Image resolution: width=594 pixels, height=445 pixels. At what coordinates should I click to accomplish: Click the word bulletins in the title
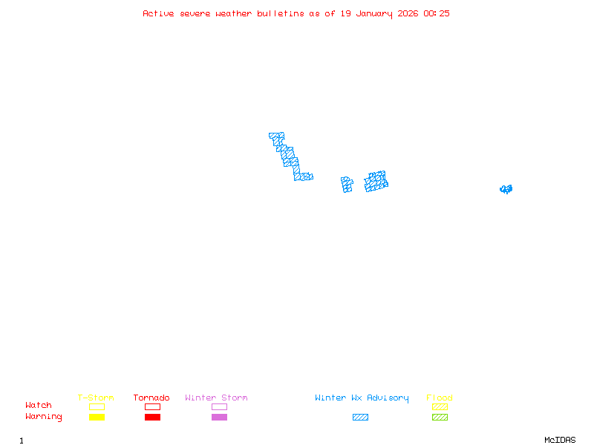coord(280,13)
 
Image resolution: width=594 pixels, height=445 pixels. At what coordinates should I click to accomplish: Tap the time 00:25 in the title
coord(437,13)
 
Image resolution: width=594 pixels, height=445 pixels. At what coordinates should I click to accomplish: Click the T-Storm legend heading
coord(96,398)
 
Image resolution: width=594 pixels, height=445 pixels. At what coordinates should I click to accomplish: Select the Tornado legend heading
coord(151,398)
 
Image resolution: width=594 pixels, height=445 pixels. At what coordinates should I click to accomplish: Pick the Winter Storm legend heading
coord(216,398)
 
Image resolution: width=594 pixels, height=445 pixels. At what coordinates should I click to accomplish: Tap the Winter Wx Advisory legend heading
coord(362,398)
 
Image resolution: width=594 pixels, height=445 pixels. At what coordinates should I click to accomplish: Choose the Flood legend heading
coord(440,398)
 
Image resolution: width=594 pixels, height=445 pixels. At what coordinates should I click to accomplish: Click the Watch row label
coord(39,406)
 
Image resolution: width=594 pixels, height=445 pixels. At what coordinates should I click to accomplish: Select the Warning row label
coord(44,417)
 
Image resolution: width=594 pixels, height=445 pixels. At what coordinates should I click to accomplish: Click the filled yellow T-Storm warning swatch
coord(97,417)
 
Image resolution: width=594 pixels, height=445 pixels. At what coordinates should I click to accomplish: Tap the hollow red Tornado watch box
coord(152,406)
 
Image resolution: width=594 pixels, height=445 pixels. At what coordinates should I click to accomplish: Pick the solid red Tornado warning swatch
coord(152,417)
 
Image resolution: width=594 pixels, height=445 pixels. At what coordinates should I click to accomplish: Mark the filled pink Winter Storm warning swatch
coord(219,417)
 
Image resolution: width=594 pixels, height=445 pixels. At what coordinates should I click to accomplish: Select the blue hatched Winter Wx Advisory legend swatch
coord(360,417)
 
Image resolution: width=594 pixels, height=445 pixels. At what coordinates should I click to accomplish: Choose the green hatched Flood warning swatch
coord(440,417)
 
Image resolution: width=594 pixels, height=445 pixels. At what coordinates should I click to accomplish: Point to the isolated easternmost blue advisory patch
coord(506,189)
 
